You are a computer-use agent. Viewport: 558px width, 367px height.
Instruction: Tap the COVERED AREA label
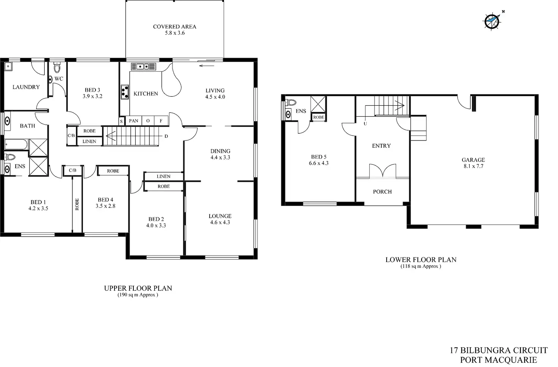click(174, 27)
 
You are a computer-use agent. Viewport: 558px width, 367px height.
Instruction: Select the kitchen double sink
click(143, 66)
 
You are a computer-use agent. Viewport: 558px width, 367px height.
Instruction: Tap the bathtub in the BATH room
click(16, 144)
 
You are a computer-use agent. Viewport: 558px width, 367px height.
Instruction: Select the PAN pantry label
click(133, 121)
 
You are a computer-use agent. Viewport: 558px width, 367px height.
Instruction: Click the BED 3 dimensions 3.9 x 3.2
click(92, 96)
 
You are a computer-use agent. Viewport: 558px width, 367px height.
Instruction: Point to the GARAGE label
click(473, 160)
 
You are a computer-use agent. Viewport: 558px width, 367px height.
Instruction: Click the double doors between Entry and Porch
click(383, 171)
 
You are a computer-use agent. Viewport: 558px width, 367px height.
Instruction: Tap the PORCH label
click(382, 192)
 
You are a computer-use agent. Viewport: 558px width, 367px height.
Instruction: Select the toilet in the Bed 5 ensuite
click(291, 102)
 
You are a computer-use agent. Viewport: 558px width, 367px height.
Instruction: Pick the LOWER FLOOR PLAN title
click(421, 260)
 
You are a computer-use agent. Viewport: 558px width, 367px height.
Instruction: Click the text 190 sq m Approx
click(138, 295)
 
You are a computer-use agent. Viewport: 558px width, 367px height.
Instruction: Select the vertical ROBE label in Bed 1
click(77, 205)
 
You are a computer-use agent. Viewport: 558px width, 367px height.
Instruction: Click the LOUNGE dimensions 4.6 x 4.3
click(220, 222)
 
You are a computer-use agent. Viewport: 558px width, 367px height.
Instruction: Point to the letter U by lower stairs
click(365, 123)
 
